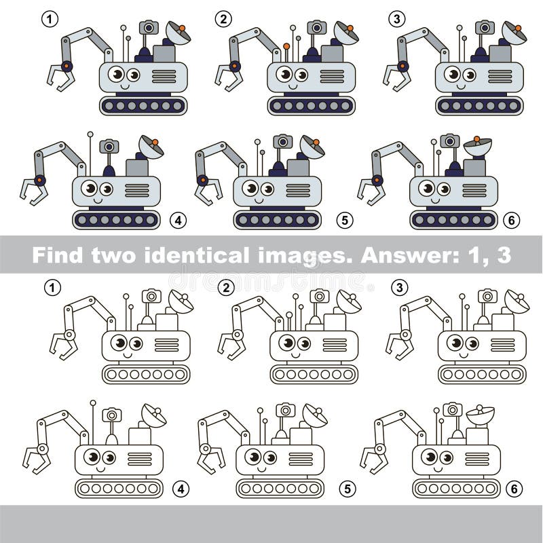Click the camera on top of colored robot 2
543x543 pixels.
316,28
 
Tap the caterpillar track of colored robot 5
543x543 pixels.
278,220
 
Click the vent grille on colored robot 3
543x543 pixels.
500,76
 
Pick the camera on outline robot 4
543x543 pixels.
111,415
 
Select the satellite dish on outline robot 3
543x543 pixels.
516,301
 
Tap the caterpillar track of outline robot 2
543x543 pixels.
314,374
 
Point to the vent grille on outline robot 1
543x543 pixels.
166,345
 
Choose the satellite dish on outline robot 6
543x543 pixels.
480,414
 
